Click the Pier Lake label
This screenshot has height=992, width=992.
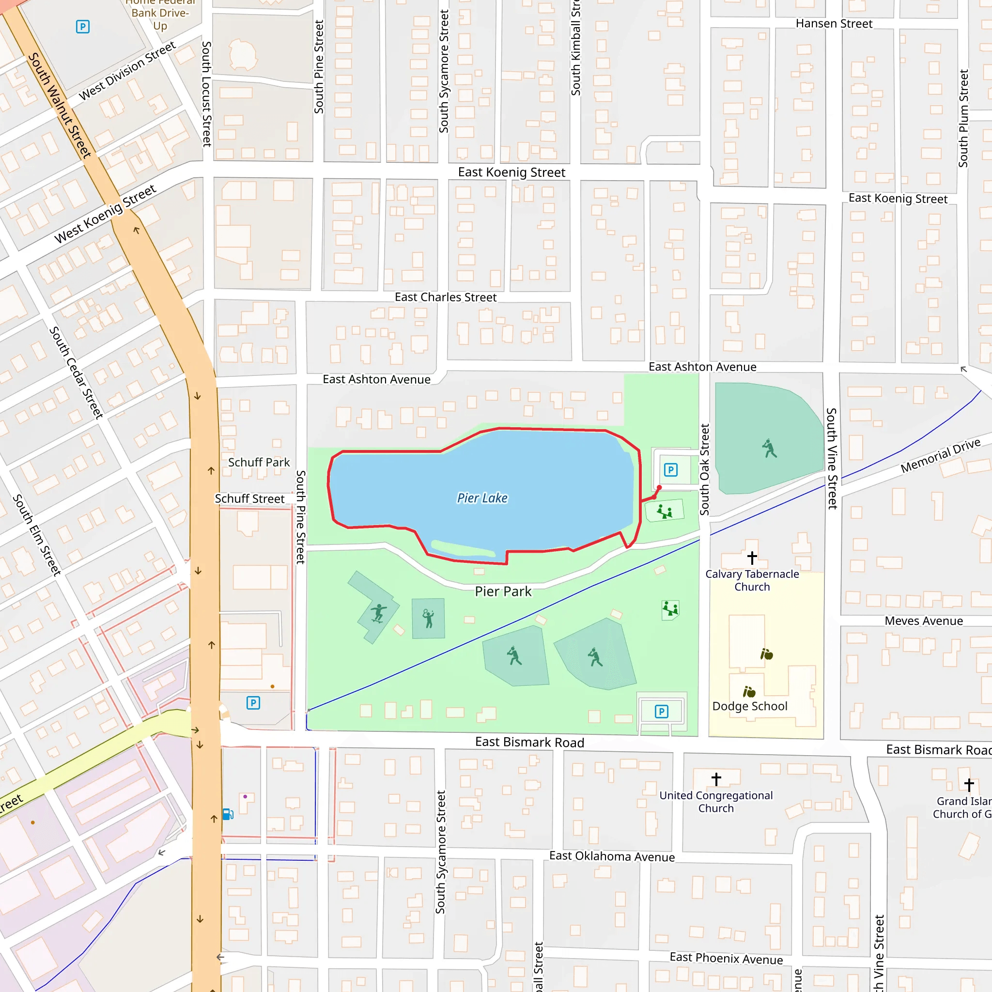[482, 498]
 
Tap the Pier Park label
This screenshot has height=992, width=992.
[503, 591]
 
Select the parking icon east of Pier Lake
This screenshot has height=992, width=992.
[670, 470]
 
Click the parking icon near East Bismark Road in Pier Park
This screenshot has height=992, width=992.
[661, 711]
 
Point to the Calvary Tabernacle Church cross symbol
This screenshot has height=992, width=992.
[752, 558]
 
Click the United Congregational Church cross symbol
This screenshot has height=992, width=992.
[716, 779]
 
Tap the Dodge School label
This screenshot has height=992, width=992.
[750, 706]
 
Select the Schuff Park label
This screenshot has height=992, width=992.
[259, 462]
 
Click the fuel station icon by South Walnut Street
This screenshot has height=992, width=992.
[228, 814]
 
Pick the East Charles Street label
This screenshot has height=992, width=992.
[445, 297]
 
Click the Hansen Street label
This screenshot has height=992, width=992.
[834, 24]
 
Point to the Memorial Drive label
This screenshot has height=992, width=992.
[940, 455]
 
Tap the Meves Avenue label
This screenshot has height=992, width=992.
[923, 621]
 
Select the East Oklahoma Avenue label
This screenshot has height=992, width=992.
[612, 856]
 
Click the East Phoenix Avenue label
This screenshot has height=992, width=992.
[726, 958]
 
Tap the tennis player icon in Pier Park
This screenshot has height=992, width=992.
[428, 618]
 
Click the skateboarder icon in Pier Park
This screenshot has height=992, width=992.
[378, 613]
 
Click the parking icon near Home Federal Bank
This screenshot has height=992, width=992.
[83, 27]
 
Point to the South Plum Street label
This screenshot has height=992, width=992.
[963, 118]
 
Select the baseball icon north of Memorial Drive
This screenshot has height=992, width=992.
[769, 448]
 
